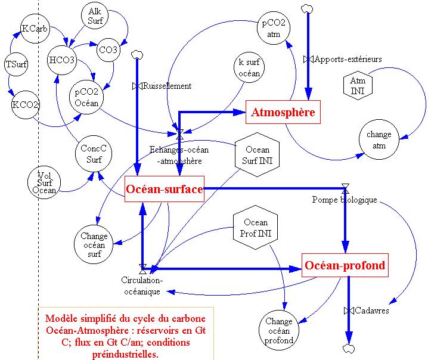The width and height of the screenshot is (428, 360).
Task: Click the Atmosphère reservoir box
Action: (283, 112)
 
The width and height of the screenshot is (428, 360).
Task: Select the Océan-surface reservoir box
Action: (165, 190)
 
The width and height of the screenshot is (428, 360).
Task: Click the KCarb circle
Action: (35, 29)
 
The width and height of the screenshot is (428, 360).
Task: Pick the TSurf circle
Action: (16, 64)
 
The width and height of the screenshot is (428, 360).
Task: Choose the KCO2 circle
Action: (26, 105)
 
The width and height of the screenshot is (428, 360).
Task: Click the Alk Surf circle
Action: (95, 16)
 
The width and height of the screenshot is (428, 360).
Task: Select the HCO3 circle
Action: (62, 60)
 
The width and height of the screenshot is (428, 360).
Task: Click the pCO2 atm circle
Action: (274, 28)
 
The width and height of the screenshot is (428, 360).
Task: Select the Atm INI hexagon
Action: (358, 85)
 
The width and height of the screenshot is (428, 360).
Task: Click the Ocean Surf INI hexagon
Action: (258, 154)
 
